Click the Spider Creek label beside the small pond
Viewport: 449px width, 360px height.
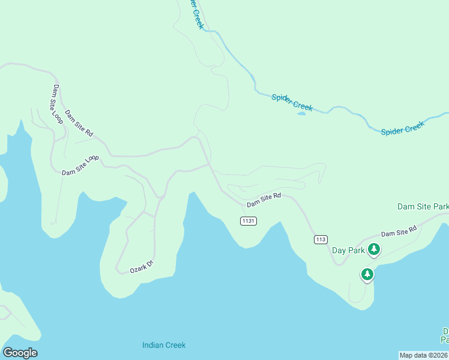(x=292, y=102)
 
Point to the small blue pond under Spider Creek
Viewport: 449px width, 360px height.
(x=301, y=113)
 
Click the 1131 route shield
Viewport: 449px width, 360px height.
(x=249, y=221)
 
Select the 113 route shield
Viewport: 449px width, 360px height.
(x=321, y=239)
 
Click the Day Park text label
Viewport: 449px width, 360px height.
(x=348, y=250)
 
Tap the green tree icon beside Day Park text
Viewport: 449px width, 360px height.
(x=374, y=249)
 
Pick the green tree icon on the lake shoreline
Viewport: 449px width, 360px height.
(x=367, y=275)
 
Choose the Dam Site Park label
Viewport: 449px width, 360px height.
(x=423, y=206)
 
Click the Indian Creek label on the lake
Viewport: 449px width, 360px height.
(x=164, y=345)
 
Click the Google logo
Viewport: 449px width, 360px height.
(x=20, y=353)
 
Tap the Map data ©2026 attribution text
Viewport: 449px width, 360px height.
(x=424, y=355)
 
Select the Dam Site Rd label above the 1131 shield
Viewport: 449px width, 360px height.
(x=264, y=200)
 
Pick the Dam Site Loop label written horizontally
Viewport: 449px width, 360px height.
(x=80, y=165)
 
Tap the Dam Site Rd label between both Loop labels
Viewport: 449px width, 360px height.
(x=79, y=123)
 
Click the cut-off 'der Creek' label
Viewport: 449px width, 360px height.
(x=197, y=14)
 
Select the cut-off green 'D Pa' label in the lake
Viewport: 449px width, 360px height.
(x=445, y=335)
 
